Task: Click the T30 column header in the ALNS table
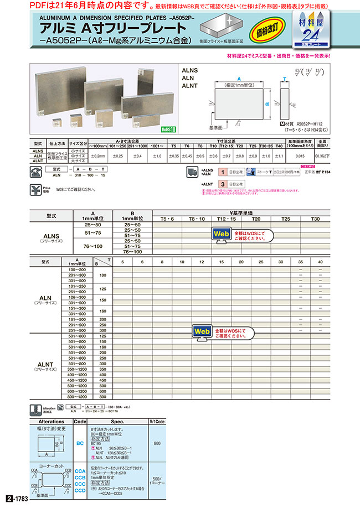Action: (x=316, y=219)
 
